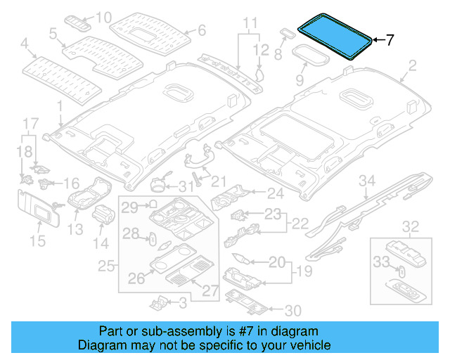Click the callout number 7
tap(391, 40)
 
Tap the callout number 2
tap(412, 67)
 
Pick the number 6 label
tap(201, 30)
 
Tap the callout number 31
tap(185, 186)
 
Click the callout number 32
tap(409, 226)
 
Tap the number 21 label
tap(220, 181)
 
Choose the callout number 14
tap(102, 243)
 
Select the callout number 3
tap(183, 303)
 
